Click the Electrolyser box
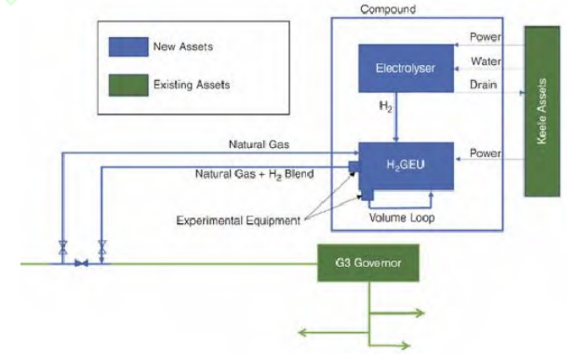405,67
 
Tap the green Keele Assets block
542,111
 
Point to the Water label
487,62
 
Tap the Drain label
485,85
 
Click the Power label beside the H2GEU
487,154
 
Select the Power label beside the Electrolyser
487,37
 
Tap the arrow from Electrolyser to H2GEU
396,127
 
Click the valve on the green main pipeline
81,264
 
